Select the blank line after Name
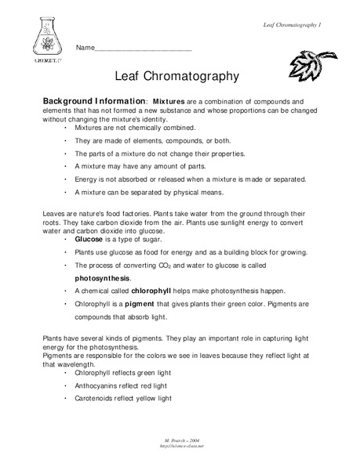(144, 49)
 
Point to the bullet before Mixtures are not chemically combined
(66, 126)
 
